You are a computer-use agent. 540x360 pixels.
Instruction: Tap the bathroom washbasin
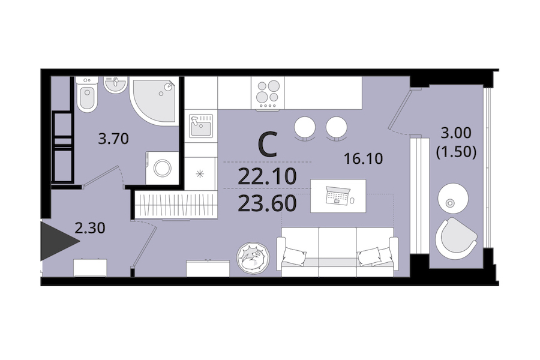[x=115, y=85]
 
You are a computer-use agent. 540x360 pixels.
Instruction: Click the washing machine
[x=162, y=168]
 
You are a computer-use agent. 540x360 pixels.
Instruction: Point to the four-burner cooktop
[x=268, y=93]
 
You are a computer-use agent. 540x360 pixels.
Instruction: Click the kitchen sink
[x=201, y=126]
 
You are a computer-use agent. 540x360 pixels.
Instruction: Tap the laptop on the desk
[x=338, y=196]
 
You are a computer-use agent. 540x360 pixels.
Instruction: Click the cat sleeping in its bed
[x=253, y=257]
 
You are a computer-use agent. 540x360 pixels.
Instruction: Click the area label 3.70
[x=113, y=139]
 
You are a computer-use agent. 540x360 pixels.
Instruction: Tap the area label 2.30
[x=90, y=228]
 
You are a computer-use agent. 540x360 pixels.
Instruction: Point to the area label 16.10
[x=364, y=159]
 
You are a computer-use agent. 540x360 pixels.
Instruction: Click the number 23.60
[x=267, y=203]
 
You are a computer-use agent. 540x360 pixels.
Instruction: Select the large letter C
[x=268, y=145]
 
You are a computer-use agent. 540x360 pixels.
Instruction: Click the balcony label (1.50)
[x=457, y=152]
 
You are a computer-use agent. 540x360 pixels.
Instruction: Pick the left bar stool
[x=305, y=128]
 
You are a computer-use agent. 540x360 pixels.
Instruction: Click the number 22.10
[x=267, y=177]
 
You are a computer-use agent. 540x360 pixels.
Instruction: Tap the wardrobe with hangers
[x=176, y=205]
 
